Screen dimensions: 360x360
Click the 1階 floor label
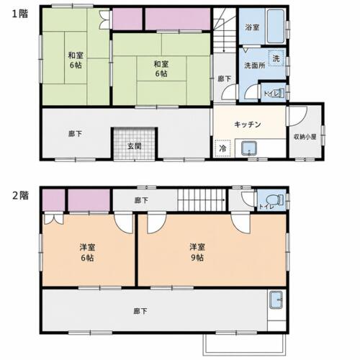point(20,14)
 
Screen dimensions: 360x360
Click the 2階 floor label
point(20,196)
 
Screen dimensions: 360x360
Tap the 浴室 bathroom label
point(252,27)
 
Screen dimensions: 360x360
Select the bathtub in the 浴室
point(276,27)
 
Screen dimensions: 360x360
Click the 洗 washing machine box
point(276,58)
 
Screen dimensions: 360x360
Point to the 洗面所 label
point(255,66)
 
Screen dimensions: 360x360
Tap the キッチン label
point(247,125)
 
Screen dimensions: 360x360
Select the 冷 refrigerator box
point(222,148)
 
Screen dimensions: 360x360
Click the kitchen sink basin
point(249,148)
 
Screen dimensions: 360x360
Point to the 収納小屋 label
point(305,137)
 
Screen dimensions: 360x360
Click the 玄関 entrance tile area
point(134,143)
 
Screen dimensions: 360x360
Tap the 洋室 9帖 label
point(197,252)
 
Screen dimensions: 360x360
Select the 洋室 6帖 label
point(87,252)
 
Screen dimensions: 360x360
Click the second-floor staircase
point(202,200)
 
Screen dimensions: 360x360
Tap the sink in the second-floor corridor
point(276,300)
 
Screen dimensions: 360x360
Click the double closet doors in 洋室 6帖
point(54,219)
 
